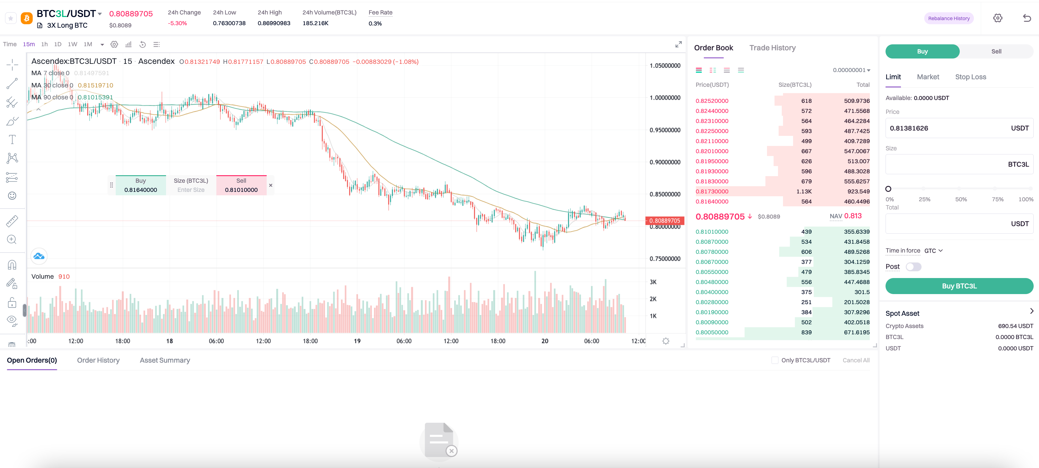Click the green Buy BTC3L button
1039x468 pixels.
[959, 286]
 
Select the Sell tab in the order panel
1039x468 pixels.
[996, 51]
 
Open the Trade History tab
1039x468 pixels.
[772, 47]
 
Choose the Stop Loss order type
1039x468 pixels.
[970, 77]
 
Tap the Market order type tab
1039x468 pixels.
[928, 77]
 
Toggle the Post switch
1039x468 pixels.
[913, 267]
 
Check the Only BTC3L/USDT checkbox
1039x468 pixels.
[775, 360]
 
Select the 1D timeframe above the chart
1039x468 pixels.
[58, 44]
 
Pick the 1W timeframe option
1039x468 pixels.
[73, 44]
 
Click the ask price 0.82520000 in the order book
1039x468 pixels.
[712, 101]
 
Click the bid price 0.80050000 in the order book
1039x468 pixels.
[712, 332]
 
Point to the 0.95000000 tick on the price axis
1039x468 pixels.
[665, 130]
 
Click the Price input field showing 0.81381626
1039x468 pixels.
[944, 128]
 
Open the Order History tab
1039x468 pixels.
[98, 360]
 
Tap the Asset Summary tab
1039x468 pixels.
[164, 360]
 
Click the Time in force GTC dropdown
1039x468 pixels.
[933, 251]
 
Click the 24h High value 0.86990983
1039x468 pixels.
[274, 23]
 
